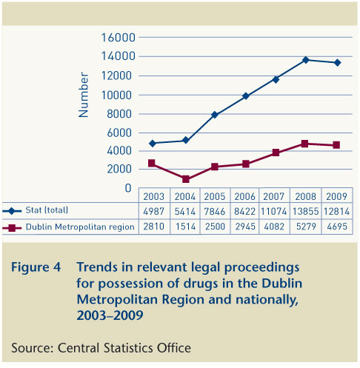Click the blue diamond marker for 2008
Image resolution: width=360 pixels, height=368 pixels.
[305, 60]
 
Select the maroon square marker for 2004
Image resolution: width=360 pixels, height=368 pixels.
[186, 179]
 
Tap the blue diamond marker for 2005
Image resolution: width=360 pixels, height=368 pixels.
[215, 115]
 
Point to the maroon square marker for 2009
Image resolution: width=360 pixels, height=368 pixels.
[336, 145]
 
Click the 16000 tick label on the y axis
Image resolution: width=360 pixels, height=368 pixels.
[119, 38]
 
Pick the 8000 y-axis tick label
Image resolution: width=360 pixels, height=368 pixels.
[119, 114]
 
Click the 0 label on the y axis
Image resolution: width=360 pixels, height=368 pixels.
[128, 188]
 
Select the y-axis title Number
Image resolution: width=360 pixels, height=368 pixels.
[83, 95]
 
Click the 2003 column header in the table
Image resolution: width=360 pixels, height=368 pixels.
[154, 196]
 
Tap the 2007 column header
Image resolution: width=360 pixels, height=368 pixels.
[273, 196]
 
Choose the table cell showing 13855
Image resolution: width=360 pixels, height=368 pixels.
[306, 212]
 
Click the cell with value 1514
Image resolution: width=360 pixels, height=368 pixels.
[185, 227]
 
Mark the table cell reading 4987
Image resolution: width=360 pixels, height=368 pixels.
[153, 212]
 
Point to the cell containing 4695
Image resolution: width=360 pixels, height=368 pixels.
[337, 227]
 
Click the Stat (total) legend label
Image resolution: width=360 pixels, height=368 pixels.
[47, 210]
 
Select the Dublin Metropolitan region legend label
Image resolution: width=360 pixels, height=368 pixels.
[80, 227]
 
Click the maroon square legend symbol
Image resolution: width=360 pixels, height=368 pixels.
[12, 228]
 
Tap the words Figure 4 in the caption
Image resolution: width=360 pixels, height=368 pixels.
[36, 267]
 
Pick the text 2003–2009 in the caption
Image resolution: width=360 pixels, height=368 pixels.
[110, 315]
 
